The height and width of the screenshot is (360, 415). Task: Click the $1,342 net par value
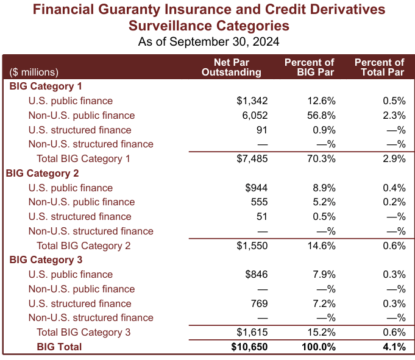(252, 101)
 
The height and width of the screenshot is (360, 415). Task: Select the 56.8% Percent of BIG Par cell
(320, 116)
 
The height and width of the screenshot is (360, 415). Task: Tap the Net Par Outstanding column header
(232, 67)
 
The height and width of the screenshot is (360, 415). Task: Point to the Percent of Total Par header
(379, 67)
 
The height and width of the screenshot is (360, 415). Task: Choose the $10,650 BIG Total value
(249, 347)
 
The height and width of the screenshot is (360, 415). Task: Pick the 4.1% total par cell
(394, 347)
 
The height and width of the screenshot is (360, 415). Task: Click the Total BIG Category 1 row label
(83, 159)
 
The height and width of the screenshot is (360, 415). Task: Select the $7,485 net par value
(252, 159)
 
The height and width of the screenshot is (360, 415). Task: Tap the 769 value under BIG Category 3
(258, 304)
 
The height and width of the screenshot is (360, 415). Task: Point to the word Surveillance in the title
(172, 26)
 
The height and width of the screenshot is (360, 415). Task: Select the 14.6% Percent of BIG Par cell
(320, 246)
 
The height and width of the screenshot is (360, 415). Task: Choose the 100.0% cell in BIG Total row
(317, 347)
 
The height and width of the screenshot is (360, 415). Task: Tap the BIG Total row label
(59, 347)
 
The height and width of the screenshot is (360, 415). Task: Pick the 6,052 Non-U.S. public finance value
(255, 116)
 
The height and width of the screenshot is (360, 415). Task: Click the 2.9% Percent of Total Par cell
(394, 159)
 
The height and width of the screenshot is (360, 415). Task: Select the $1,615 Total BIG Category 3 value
(252, 333)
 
